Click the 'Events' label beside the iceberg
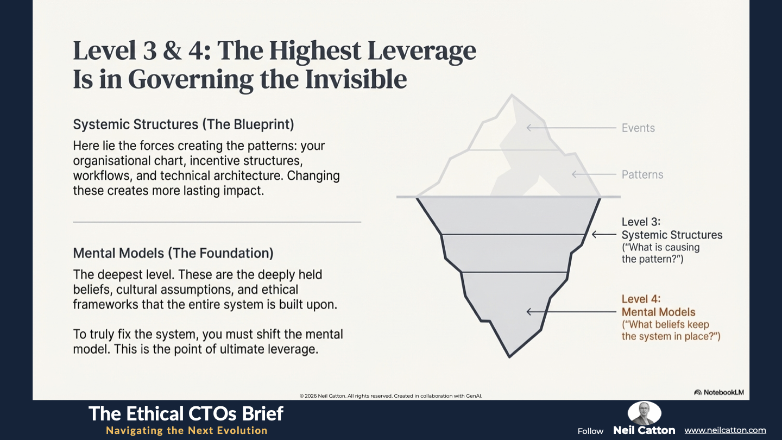click(x=638, y=128)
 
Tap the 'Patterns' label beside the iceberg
click(x=642, y=174)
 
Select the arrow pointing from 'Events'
click(x=571, y=128)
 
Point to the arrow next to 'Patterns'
click(x=594, y=174)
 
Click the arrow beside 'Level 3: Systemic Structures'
click(x=604, y=234)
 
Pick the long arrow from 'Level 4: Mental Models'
click(x=571, y=311)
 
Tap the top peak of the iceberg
click(x=512, y=95)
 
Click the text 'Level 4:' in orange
click(x=641, y=299)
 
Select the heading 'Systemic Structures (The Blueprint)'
click(x=184, y=125)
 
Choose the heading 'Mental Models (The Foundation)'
click(x=173, y=253)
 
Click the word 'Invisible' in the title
click(x=356, y=79)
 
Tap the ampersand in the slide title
click(x=172, y=51)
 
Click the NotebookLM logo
click(x=719, y=392)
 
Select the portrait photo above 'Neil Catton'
click(x=645, y=412)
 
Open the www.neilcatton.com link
click(x=725, y=430)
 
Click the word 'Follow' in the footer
click(x=590, y=431)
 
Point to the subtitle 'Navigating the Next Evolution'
click(x=187, y=430)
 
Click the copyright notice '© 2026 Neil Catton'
click(x=323, y=396)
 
